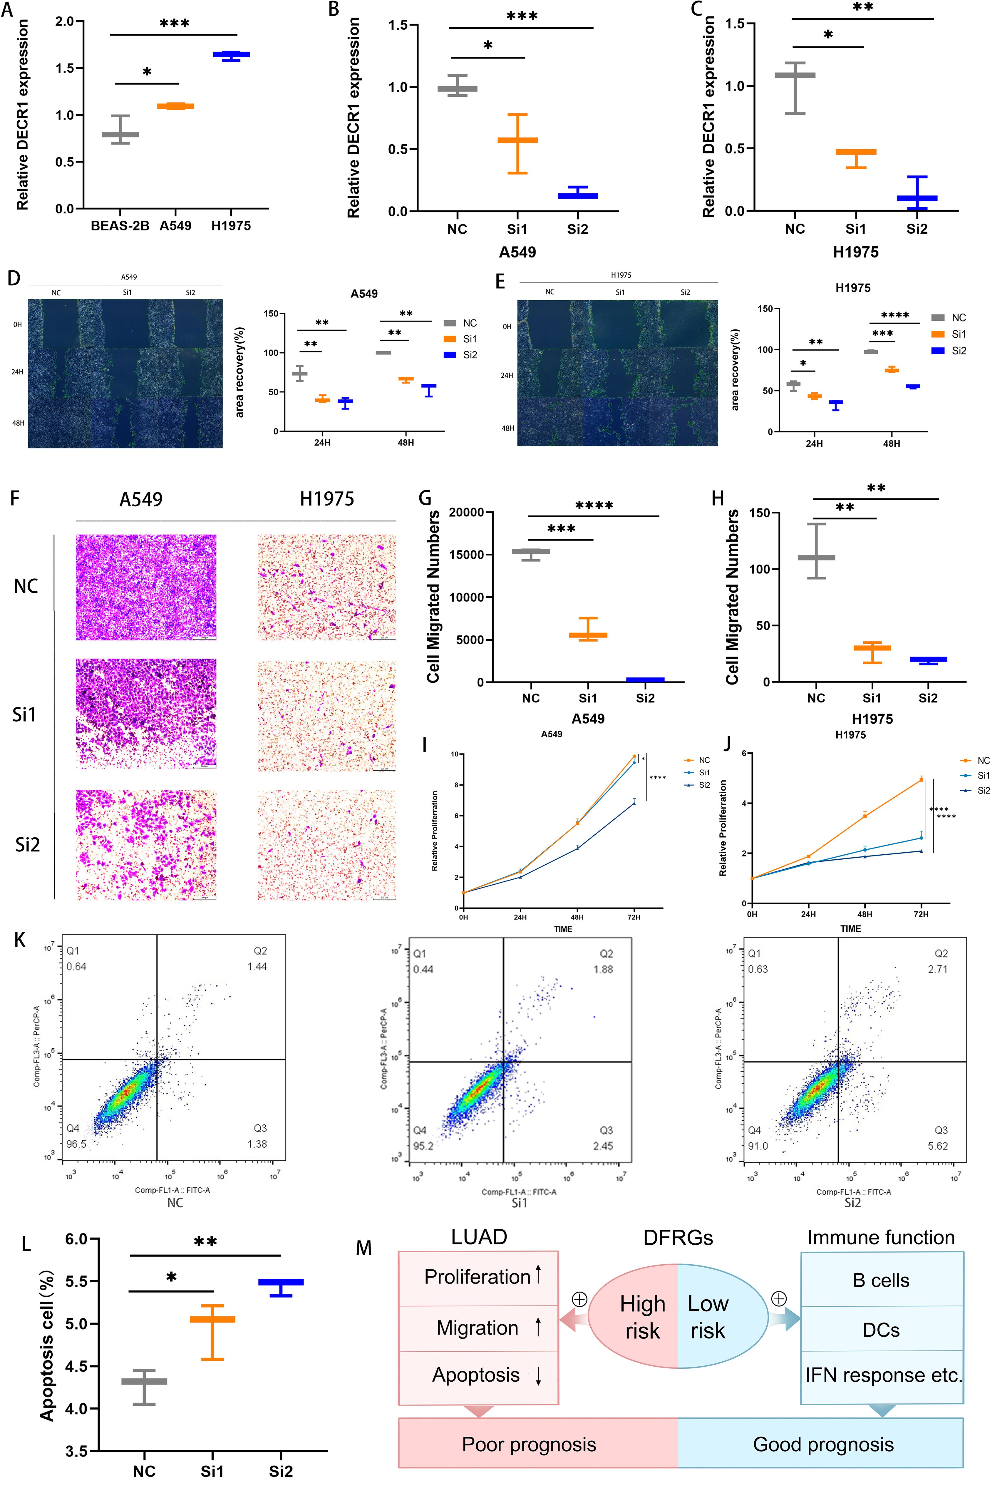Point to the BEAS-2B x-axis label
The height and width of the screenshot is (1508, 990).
click(120, 225)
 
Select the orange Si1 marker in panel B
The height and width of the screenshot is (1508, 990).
click(517, 140)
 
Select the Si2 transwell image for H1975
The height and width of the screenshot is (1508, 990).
click(327, 845)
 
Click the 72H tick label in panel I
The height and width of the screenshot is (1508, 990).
click(634, 917)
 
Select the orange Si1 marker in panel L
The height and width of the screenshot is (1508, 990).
click(213, 1319)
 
